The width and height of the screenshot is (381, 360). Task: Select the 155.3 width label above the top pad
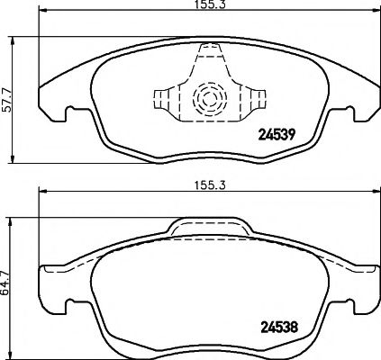204,6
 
